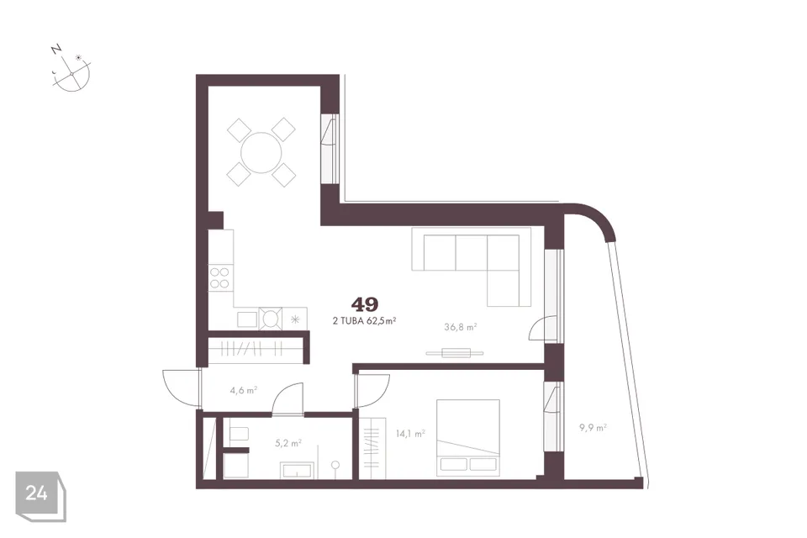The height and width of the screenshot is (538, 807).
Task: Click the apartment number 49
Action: (365, 304)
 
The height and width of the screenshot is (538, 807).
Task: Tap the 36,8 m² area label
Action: (460, 326)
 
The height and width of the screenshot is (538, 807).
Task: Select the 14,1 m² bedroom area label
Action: (410, 434)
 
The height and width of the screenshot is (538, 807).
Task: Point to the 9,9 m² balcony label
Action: (593, 427)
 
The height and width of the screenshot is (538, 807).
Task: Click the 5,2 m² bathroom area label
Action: (288, 443)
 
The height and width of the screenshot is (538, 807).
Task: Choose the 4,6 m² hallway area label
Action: (244, 390)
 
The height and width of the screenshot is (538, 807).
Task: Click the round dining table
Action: (261, 152)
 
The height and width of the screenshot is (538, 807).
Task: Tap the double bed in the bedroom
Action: (468, 438)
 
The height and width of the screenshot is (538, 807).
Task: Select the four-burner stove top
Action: (219, 278)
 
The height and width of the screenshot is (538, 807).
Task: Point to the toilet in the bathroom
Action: (237, 435)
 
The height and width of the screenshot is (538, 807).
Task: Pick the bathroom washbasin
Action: (297, 470)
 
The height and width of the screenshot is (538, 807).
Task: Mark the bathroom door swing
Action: (287, 398)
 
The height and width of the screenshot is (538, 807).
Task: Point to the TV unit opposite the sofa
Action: (455, 353)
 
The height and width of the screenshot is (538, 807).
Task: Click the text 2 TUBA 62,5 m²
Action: (365, 321)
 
